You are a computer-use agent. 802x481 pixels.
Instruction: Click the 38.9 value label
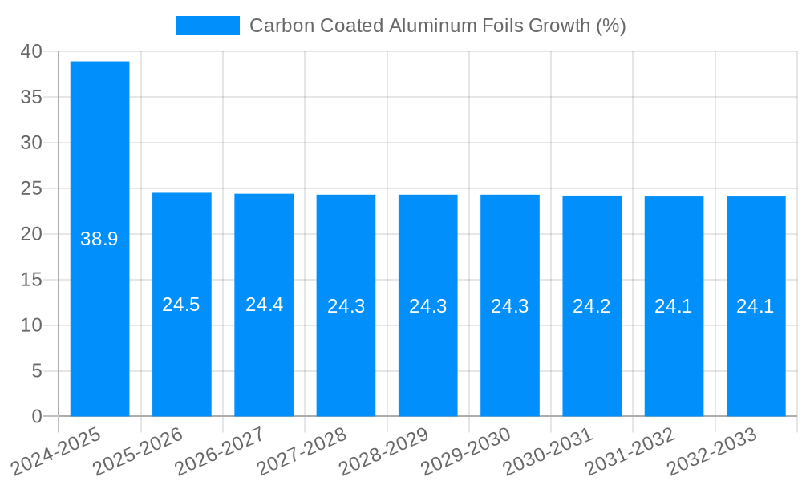(x=99, y=239)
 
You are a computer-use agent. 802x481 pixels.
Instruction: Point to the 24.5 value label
(x=181, y=305)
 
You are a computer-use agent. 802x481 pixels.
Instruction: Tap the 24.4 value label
(x=264, y=305)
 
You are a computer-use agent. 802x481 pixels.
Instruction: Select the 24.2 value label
(x=592, y=306)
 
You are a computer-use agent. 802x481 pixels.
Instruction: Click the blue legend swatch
(x=207, y=26)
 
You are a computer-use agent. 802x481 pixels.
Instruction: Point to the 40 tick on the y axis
(x=32, y=51)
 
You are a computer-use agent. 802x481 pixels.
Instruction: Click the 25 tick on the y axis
(x=32, y=188)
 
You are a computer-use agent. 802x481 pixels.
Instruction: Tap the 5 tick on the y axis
(x=37, y=371)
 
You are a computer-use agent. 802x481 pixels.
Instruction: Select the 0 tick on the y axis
(x=37, y=417)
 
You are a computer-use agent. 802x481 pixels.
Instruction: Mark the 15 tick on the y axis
(x=32, y=280)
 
